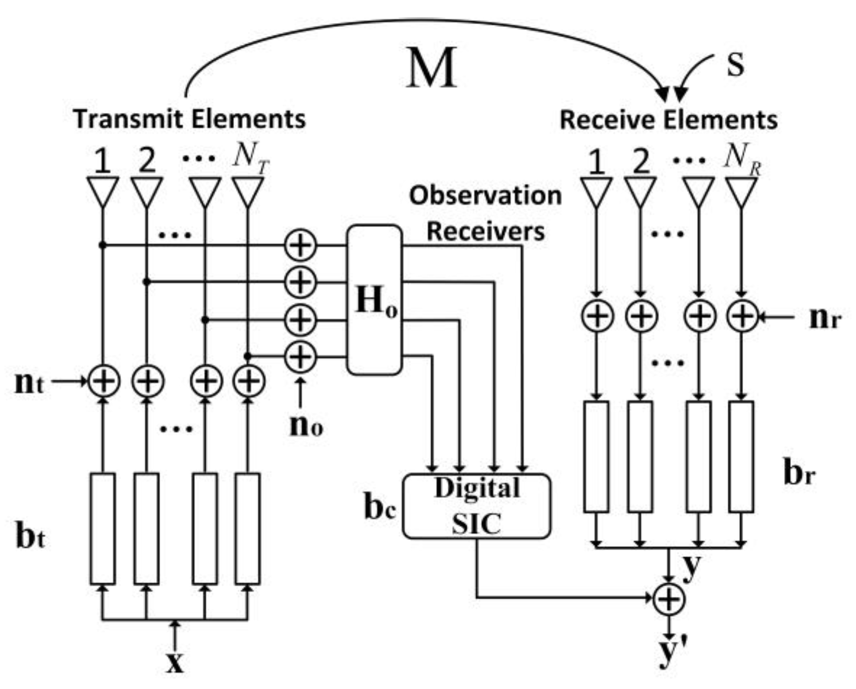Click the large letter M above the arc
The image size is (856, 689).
point(431,69)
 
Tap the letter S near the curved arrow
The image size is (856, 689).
point(735,65)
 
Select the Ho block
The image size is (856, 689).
point(374,300)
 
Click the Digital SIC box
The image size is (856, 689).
point(476,506)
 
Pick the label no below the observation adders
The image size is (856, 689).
point(306,426)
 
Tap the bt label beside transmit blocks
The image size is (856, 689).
point(30,537)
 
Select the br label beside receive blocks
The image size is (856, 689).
point(799,473)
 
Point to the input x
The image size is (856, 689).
point(175,662)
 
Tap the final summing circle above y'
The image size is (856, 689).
point(669,599)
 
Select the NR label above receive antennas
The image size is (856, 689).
point(742,157)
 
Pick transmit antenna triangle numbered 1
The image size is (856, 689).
point(102,190)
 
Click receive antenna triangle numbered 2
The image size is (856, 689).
point(640,190)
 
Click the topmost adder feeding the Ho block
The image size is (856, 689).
point(300,245)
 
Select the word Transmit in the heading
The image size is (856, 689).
point(128,119)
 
